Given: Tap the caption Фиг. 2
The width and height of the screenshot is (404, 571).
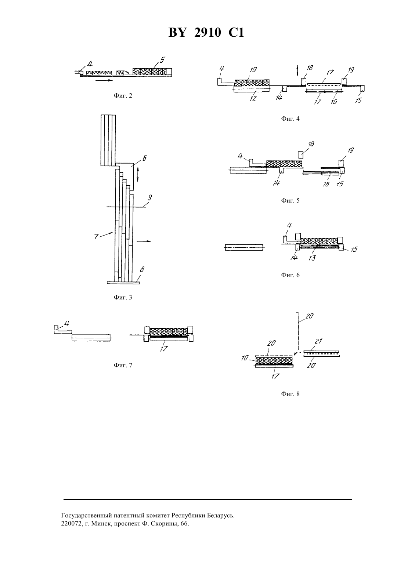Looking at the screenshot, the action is (x=123, y=95).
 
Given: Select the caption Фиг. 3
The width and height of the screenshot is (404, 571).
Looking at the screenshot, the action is (x=123, y=297).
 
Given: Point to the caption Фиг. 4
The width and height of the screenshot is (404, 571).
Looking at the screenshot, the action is (x=290, y=119).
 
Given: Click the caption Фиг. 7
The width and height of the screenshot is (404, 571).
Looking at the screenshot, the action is (x=123, y=365).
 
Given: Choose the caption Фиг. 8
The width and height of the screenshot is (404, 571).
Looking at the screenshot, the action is (x=290, y=394).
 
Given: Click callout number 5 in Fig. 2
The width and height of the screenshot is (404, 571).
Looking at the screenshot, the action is (x=162, y=60).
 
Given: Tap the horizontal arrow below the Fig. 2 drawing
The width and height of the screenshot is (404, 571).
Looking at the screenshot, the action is (x=104, y=80).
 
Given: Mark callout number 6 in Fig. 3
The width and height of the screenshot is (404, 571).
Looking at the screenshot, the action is (x=144, y=158).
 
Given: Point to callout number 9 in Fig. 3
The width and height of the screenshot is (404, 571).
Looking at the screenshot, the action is (x=150, y=197).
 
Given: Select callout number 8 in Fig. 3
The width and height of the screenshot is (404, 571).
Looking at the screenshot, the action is (x=142, y=269).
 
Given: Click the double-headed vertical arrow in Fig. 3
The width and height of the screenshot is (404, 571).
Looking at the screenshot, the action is (x=138, y=174).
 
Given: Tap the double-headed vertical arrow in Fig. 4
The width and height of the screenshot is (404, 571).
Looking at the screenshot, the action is (x=297, y=70).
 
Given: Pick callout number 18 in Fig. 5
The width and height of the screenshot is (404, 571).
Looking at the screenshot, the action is (x=311, y=144).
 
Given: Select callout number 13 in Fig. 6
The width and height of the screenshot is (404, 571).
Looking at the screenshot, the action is (x=312, y=258).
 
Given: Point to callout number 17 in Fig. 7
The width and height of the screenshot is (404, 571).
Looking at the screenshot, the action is (x=163, y=349).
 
